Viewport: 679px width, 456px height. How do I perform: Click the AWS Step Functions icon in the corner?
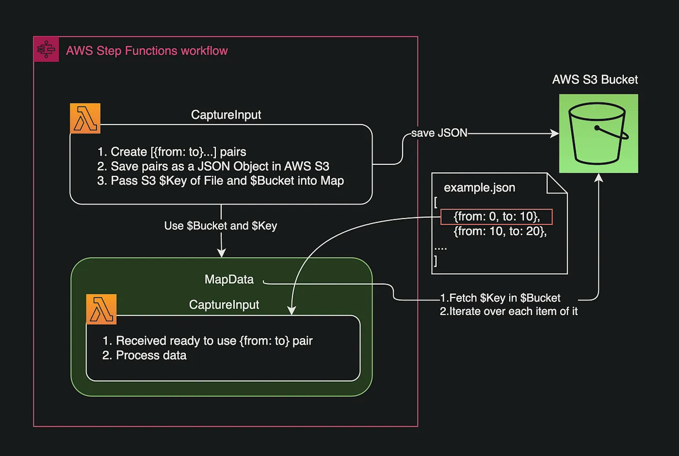tap(46, 49)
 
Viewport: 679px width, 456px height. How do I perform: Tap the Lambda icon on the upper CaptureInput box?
tap(85, 118)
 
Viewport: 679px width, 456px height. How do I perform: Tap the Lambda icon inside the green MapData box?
tap(101, 309)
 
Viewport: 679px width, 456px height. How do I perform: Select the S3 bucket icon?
tap(598, 134)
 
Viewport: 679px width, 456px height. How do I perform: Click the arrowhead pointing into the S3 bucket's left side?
tap(555, 134)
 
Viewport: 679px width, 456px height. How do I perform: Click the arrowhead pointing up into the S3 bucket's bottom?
tap(598, 178)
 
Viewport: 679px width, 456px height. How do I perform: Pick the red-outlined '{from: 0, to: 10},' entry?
tap(497, 217)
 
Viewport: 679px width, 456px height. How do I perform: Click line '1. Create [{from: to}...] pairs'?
tap(172, 152)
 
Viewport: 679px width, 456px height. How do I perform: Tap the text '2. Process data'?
tap(144, 355)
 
